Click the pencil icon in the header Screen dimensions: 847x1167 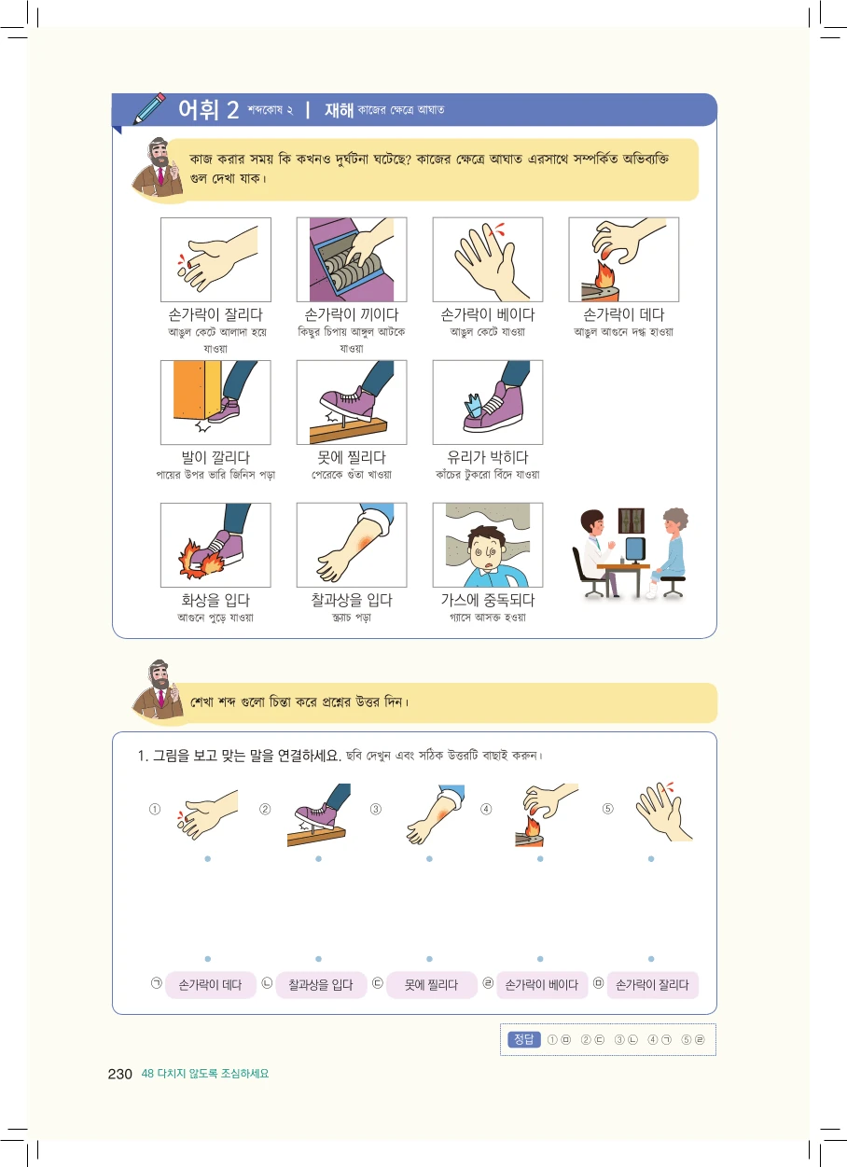coord(149,108)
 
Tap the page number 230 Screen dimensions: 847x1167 coord(119,1074)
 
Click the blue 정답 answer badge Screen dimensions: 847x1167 coord(523,1039)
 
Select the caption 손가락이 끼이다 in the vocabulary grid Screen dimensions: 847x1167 coord(352,314)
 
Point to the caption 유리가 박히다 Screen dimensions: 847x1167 coord(488,457)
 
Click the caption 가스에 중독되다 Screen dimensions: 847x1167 coord(488,600)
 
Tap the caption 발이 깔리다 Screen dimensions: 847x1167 coord(215,457)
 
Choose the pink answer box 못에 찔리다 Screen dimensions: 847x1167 coord(431,985)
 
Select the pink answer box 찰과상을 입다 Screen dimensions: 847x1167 coord(321,985)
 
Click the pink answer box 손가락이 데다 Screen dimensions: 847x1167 coord(211,985)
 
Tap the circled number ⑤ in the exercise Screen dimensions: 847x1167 coord(607,809)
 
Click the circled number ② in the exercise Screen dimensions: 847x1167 coord(265,809)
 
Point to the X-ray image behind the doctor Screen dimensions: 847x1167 coord(632,521)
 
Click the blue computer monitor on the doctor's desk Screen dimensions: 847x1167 coord(635,549)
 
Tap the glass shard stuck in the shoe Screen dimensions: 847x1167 coord(474,407)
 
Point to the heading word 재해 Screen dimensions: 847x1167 coord(339,110)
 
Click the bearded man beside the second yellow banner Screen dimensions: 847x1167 coord(157,692)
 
